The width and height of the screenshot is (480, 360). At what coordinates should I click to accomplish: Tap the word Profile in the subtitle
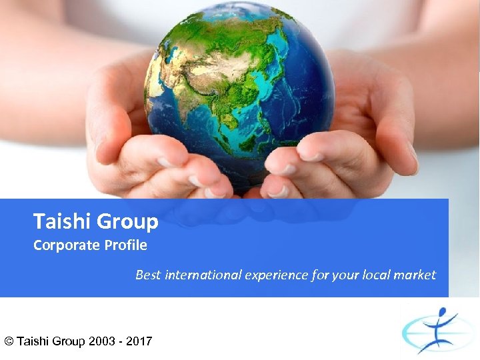125,245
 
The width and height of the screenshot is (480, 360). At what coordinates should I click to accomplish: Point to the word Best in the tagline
148,275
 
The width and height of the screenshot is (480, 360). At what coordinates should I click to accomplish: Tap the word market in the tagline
415,275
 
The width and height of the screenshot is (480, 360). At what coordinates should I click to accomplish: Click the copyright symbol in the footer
9,341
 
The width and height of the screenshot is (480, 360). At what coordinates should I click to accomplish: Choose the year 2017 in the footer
138,341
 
